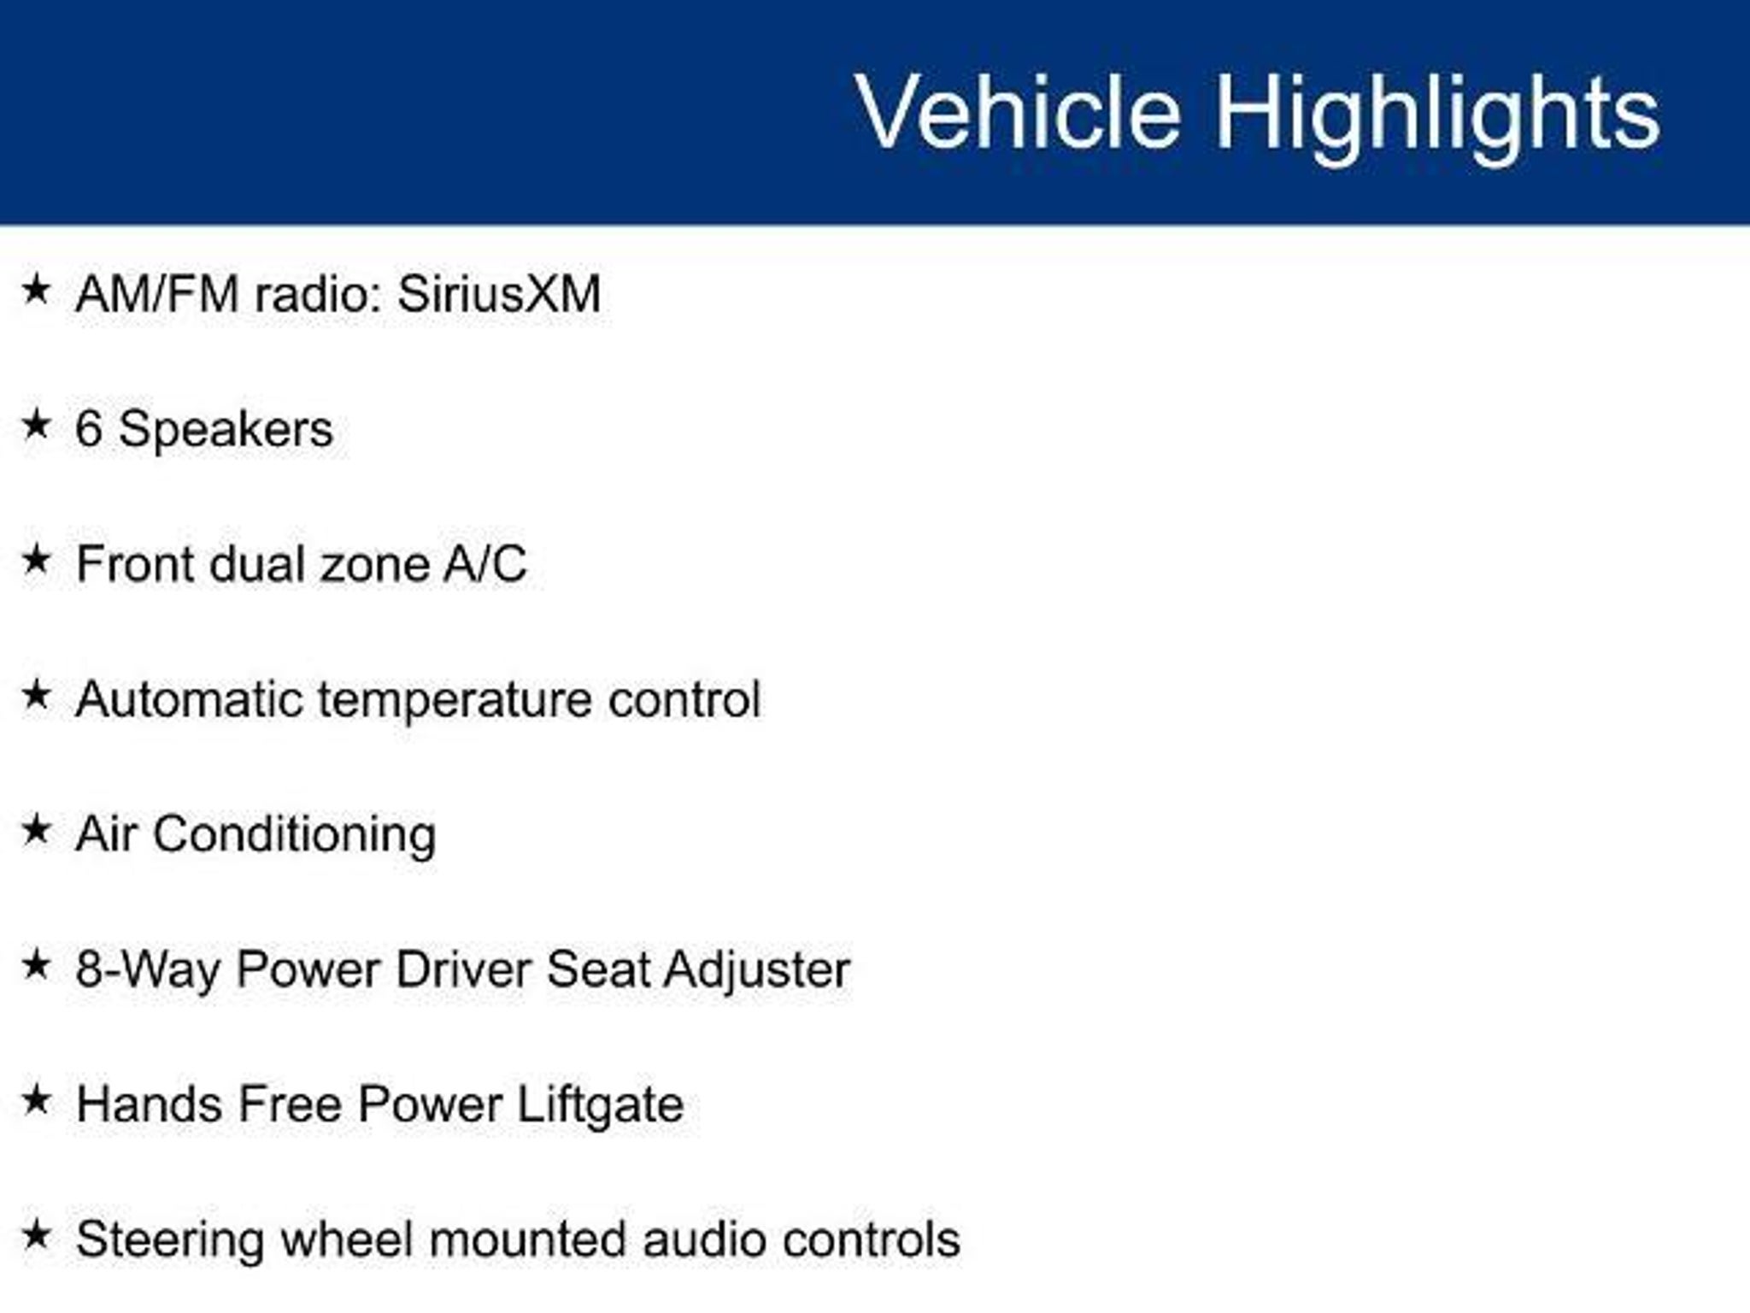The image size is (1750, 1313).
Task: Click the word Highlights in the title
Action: coord(1437,116)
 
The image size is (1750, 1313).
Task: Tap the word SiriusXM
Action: coord(499,295)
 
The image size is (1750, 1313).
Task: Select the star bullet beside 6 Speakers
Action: coord(36,425)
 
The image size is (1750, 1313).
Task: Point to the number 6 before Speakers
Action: coord(89,429)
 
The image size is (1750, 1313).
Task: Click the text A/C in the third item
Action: coord(484,565)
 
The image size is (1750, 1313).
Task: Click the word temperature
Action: coord(455,702)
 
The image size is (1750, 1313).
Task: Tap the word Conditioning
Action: coord(294,835)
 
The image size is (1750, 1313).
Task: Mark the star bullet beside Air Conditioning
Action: coord(36,829)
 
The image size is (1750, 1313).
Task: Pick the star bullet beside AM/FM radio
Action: coord(36,290)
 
